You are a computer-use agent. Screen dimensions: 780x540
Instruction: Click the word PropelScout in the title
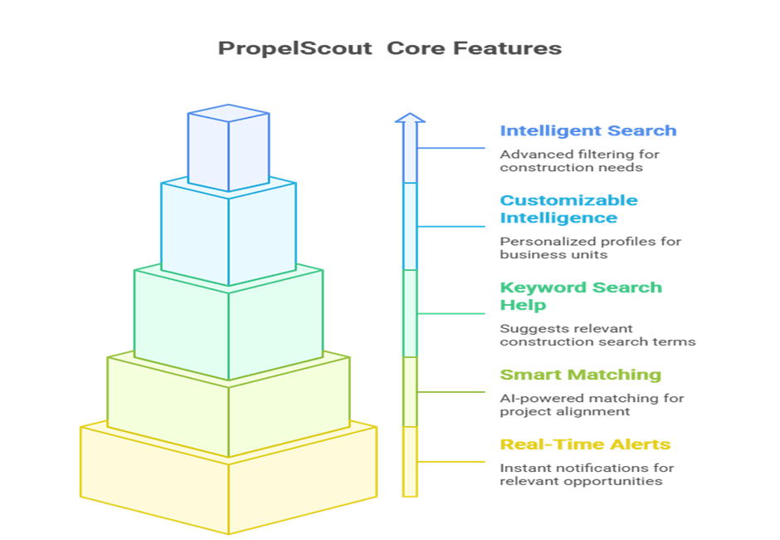click(x=295, y=49)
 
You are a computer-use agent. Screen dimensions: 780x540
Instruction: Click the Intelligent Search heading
click(x=588, y=130)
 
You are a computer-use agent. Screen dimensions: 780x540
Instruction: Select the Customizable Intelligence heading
click(x=568, y=209)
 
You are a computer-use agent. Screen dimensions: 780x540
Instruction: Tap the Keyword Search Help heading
click(x=581, y=296)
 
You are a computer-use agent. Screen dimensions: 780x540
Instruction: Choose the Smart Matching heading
click(x=581, y=375)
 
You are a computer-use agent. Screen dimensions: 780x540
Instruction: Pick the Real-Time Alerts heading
click(x=585, y=444)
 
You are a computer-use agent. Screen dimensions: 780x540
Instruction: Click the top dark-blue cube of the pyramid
click(x=229, y=148)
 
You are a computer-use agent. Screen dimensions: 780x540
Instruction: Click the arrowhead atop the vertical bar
click(x=410, y=118)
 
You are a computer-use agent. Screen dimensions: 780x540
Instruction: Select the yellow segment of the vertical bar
click(x=410, y=462)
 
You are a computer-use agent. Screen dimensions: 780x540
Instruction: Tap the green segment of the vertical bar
click(x=410, y=313)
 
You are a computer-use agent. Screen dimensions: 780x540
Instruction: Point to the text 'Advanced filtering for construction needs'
click(x=579, y=161)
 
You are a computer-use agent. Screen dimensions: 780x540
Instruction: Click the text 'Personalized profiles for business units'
click(x=591, y=248)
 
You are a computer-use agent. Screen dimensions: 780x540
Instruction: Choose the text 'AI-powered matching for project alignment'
click(x=592, y=405)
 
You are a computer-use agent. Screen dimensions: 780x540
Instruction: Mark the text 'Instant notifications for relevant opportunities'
click(x=587, y=474)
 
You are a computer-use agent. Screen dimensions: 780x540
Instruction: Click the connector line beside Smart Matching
click(x=451, y=392)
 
